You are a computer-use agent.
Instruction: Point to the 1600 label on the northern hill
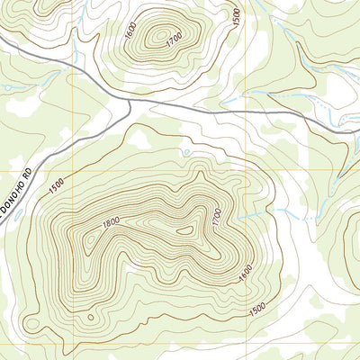130,31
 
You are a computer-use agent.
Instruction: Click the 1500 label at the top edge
236,15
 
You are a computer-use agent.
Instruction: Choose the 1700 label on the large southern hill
216,217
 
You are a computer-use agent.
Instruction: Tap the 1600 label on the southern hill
242,271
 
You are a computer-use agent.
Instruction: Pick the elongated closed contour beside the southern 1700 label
189,230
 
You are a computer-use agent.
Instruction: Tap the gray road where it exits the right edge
355,133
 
